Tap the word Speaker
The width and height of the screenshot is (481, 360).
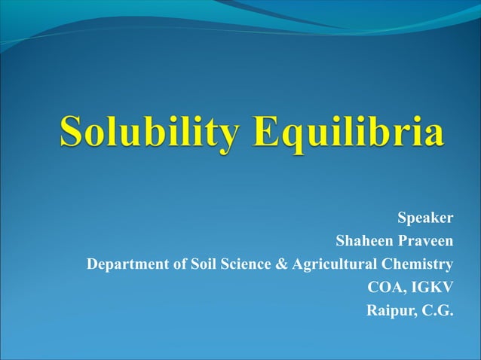[425, 218]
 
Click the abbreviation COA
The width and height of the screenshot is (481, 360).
[384, 287]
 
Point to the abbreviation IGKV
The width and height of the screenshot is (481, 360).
[431, 287]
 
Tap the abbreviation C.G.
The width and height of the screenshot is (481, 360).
[437, 310]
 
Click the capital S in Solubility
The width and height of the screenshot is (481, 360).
[72, 132]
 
